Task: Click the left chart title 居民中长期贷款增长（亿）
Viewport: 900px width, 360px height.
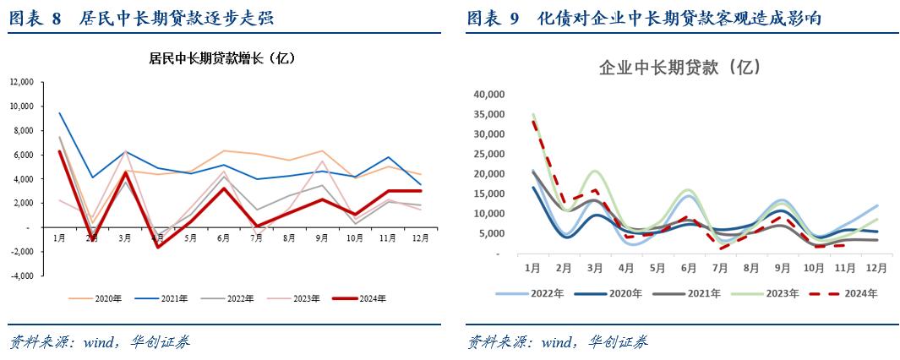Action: (221, 58)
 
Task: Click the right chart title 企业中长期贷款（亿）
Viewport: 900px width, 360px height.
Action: (680, 67)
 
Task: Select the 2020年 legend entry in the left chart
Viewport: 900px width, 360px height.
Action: (98, 297)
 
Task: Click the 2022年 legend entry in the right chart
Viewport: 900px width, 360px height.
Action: (541, 293)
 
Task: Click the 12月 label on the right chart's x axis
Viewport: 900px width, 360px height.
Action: (876, 268)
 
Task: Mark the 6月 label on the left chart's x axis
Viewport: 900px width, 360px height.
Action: (223, 239)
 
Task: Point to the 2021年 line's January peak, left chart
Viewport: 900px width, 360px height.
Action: (59, 113)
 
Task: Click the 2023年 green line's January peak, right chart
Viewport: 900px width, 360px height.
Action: (532, 114)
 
